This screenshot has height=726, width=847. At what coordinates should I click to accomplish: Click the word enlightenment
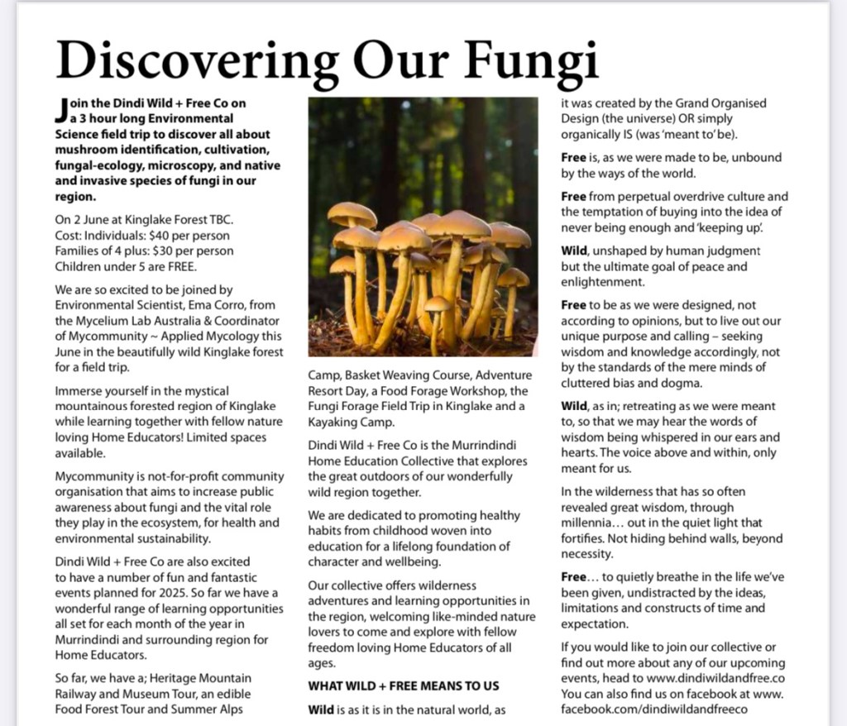pos(601,282)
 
